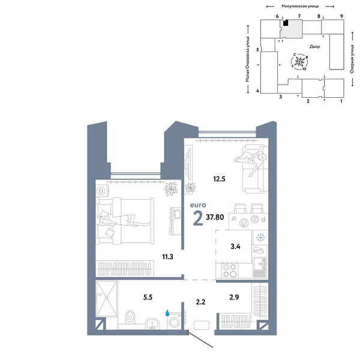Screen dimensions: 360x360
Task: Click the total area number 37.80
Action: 216,218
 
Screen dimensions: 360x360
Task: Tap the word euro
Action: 198,205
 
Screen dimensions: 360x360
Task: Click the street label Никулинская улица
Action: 299,5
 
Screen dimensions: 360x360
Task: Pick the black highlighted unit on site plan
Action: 286,23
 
